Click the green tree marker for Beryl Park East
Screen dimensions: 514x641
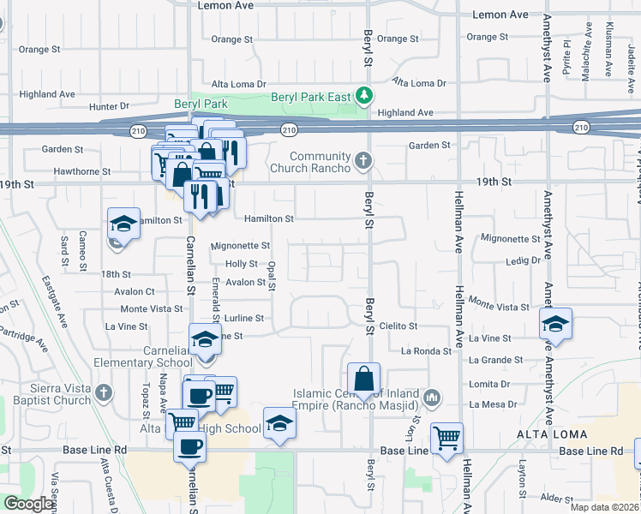pyautogui.click(x=364, y=95)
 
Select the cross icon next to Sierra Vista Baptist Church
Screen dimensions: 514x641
pyautogui.click(x=103, y=393)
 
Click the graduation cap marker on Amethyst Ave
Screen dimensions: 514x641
pyautogui.click(x=555, y=324)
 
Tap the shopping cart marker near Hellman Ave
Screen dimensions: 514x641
pyautogui.click(x=447, y=439)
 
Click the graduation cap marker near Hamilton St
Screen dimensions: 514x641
pyautogui.click(x=123, y=225)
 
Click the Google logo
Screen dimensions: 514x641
pyautogui.click(x=28, y=504)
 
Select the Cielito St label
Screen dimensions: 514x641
pyautogui.click(x=398, y=326)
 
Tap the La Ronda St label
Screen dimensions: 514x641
pyautogui.click(x=426, y=351)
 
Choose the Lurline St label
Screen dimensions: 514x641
pyautogui.click(x=235, y=318)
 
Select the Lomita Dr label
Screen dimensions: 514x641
pyautogui.click(x=491, y=385)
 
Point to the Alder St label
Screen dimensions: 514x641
pyautogui.click(x=556, y=497)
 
